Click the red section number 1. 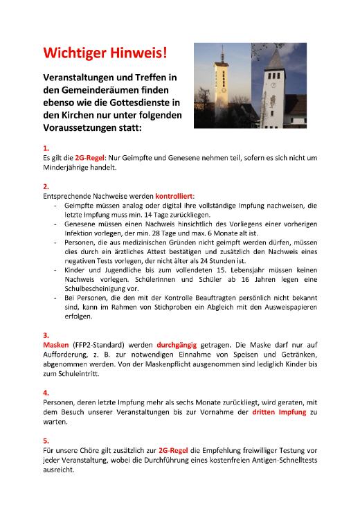[x=46, y=148]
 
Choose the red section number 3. [x=46, y=334]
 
